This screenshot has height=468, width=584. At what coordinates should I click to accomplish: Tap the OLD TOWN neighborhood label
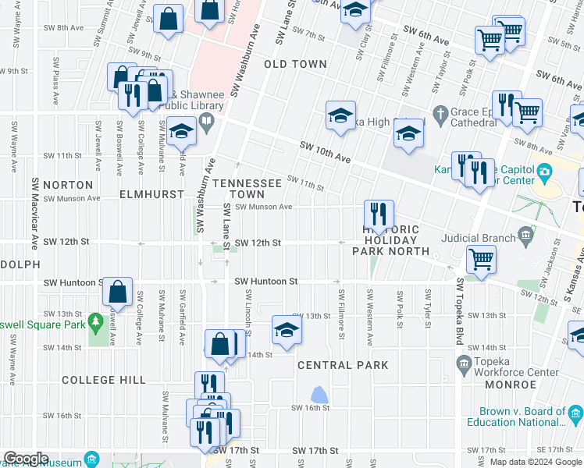click(x=295, y=64)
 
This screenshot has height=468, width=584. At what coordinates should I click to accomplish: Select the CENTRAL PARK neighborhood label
click(x=343, y=365)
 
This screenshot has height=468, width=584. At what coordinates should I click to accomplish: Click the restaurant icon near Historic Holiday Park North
click(x=378, y=214)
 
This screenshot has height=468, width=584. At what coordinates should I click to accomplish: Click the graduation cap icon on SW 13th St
click(x=287, y=330)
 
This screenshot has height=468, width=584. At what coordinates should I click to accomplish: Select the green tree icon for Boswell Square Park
click(x=96, y=321)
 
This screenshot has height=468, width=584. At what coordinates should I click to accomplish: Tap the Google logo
click(x=26, y=459)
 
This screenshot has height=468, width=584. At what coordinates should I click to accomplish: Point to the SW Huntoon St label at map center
click(x=266, y=281)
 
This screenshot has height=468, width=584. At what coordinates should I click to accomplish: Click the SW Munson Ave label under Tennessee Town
click(x=263, y=207)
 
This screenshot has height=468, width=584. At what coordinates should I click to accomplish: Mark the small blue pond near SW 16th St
click(x=319, y=395)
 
